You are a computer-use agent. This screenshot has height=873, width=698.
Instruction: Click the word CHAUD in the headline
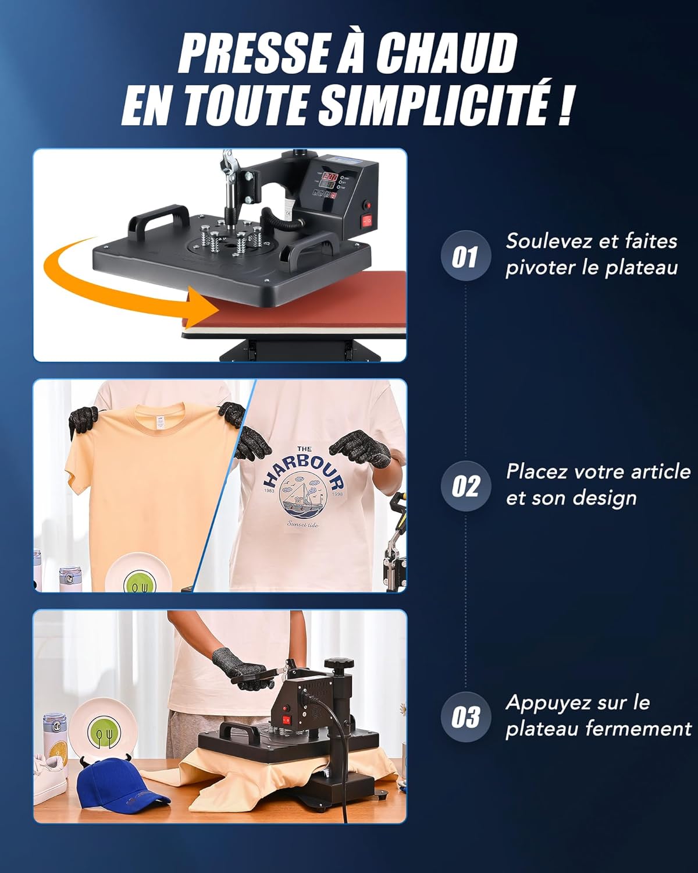[446, 53]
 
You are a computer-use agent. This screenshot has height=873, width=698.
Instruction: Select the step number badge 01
[465, 256]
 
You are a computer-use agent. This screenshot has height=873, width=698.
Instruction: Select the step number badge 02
[465, 487]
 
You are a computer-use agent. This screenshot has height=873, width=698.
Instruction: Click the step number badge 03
[465, 717]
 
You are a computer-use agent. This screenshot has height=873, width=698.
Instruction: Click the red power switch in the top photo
[367, 220]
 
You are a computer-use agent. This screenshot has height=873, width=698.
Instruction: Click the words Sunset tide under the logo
[304, 523]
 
